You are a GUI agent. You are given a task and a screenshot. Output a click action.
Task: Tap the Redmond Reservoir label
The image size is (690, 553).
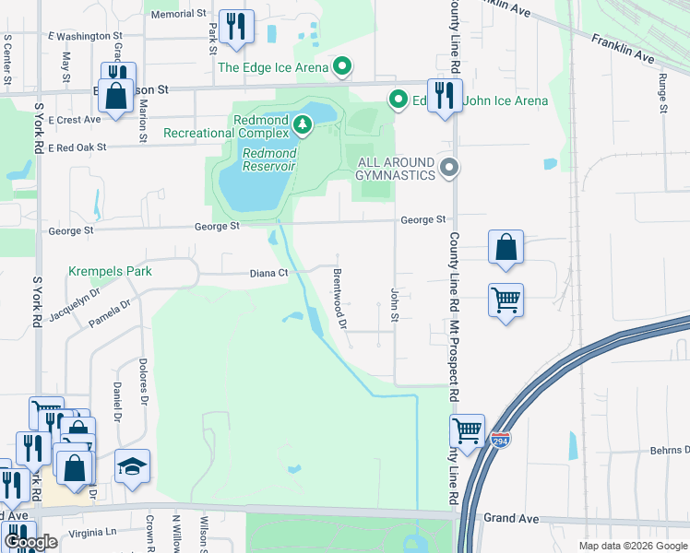point(268,159)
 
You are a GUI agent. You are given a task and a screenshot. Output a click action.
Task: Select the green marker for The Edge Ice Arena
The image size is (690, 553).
point(343,66)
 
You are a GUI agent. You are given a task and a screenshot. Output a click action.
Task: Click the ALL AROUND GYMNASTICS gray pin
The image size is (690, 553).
point(449,168)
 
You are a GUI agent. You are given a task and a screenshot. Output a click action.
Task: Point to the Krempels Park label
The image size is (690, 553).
point(110,271)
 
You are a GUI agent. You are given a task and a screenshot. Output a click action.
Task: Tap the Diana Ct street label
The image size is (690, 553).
point(269,273)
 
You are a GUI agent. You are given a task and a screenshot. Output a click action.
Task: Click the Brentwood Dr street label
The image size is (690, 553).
point(339,299)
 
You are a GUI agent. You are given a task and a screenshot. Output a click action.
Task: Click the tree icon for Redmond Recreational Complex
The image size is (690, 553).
point(301,124)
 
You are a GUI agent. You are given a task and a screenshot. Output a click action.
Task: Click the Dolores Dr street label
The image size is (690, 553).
point(143,382)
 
